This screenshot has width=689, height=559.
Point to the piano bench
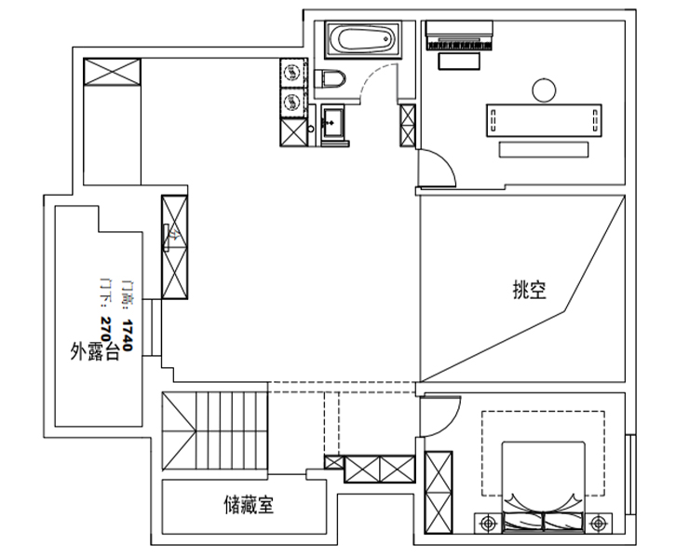pyautogui.click(x=456, y=61)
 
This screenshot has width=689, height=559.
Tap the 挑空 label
pyautogui.click(x=529, y=291)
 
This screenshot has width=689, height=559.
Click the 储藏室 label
pyautogui.click(x=248, y=506)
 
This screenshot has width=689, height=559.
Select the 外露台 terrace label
pyautogui.click(x=94, y=351)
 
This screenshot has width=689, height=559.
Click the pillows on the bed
pyautogui.click(x=543, y=522)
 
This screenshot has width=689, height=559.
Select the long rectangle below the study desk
pyautogui.click(x=545, y=149)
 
